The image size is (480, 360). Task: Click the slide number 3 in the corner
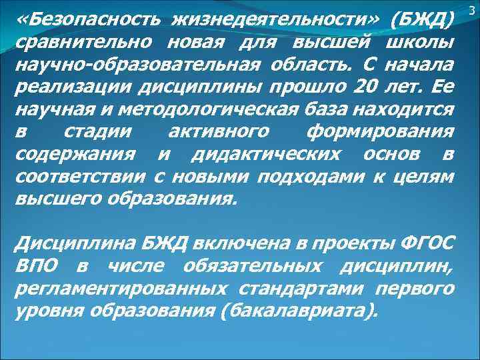point(472,9)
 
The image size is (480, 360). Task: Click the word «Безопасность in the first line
point(85,24)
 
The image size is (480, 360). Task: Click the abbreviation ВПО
point(38,266)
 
